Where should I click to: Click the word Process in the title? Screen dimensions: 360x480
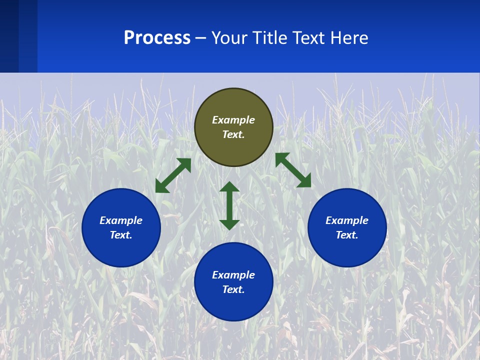click(157, 38)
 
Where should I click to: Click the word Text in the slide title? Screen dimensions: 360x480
click(310, 38)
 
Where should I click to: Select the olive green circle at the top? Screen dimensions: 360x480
click(233, 100)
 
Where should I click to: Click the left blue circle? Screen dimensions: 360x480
click(121, 250)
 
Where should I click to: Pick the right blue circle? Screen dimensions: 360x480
click(347, 250)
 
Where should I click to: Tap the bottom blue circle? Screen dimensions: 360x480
click(233, 305)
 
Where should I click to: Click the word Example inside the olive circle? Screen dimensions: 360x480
click(233, 120)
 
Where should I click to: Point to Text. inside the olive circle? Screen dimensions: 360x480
click(233, 134)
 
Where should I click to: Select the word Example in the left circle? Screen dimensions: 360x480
click(121, 220)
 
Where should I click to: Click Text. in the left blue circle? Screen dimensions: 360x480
click(121, 235)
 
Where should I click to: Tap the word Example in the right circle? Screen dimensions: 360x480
click(347, 220)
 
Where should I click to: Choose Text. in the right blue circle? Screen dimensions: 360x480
click(347, 235)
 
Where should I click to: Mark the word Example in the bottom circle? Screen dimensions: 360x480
click(233, 275)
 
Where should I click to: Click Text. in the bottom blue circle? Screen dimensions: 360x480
click(233, 289)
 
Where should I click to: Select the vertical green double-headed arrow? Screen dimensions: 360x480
click(229, 205)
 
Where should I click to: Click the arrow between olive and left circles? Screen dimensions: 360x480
click(173, 175)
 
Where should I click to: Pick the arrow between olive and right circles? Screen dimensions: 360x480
click(293, 170)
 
